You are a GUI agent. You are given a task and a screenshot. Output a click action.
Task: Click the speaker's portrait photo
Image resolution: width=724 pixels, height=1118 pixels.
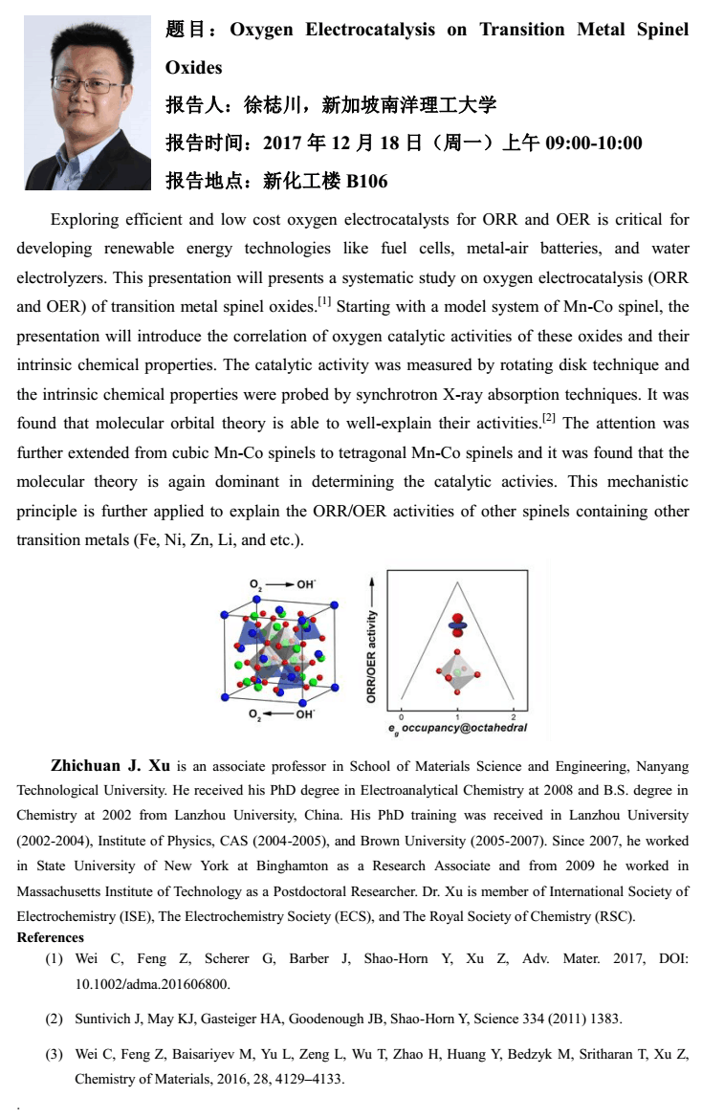[x=87, y=102]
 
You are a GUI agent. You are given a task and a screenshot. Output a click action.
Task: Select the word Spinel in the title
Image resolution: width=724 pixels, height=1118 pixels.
[x=663, y=30]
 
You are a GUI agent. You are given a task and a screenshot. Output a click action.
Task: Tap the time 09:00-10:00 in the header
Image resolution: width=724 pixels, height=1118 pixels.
[x=593, y=143]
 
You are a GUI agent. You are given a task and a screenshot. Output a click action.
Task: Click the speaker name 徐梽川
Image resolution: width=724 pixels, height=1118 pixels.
[x=273, y=105]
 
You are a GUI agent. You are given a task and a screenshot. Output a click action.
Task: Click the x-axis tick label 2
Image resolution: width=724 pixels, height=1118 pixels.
[x=514, y=716]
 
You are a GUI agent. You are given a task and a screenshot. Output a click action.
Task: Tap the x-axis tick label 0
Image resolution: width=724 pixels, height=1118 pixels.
[x=401, y=716]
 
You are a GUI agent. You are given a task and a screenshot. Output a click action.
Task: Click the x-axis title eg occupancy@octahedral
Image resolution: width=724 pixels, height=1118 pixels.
[x=458, y=729]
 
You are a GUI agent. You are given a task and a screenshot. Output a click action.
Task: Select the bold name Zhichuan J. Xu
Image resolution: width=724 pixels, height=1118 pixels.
[x=110, y=766]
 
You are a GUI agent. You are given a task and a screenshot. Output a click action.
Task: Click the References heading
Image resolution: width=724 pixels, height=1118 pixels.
[x=51, y=937]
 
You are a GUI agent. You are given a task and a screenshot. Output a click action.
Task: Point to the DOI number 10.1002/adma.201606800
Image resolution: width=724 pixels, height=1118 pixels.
[x=152, y=982]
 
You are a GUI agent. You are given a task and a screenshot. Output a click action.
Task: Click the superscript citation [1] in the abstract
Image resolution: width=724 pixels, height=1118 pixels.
[x=324, y=302]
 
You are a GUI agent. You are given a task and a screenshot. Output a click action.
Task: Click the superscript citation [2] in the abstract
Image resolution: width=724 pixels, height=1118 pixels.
[x=549, y=419]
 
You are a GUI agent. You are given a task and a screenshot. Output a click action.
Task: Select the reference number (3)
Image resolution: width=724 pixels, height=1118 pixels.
[x=55, y=1055]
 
